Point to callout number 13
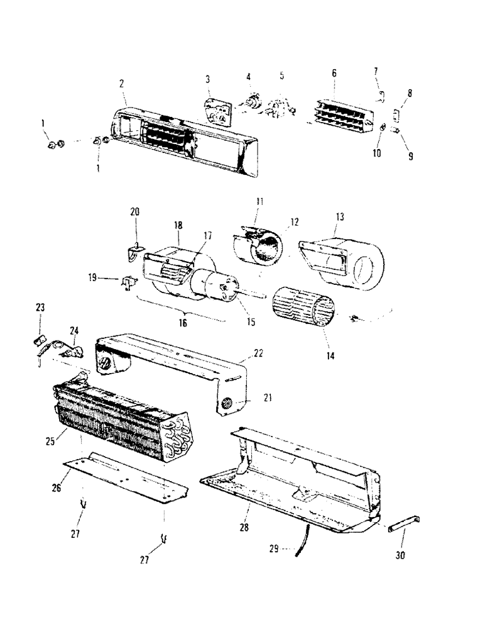(x=339, y=216)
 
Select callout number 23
(x=40, y=308)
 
